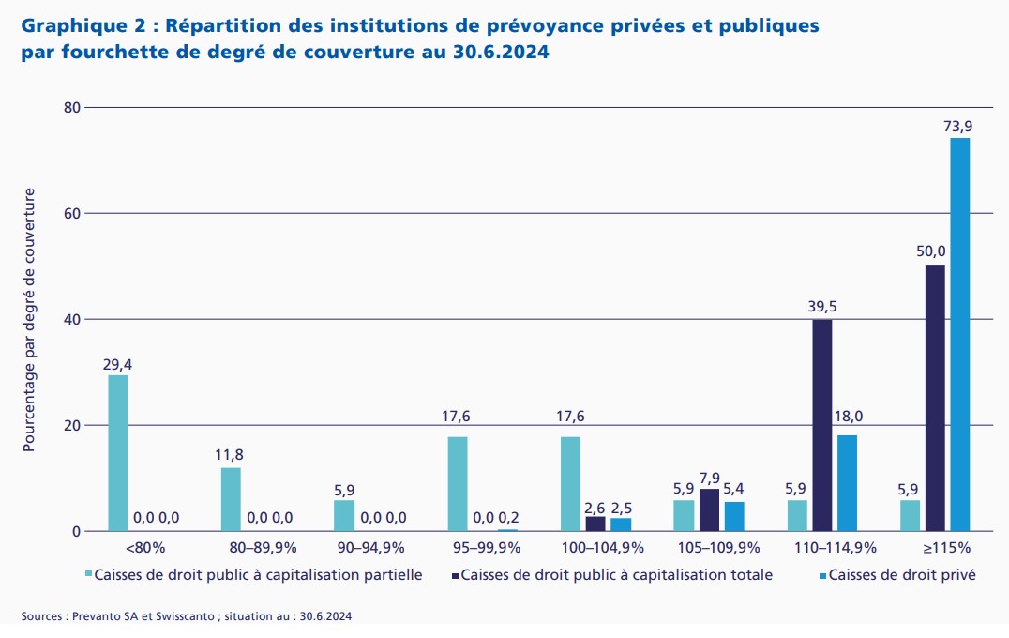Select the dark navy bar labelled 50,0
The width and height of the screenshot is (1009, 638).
tap(935, 398)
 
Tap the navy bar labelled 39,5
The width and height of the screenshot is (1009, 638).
tap(821, 425)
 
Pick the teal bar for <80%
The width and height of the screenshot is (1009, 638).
tap(118, 453)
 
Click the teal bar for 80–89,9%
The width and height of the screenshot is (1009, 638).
tap(231, 499)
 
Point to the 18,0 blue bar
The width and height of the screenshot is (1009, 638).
tap(847, 483)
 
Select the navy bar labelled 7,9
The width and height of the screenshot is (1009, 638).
tap(709, 509)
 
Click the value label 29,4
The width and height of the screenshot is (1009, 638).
tap(117, 362)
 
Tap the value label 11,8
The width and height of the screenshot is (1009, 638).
tap(230, 455)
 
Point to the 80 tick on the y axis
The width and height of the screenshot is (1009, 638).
tap(71, 108)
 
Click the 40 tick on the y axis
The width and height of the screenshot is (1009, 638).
tap(71, 320)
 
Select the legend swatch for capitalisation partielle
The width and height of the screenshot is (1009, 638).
tap(90, 574)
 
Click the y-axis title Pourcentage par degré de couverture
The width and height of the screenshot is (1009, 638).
tap(29, 320)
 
